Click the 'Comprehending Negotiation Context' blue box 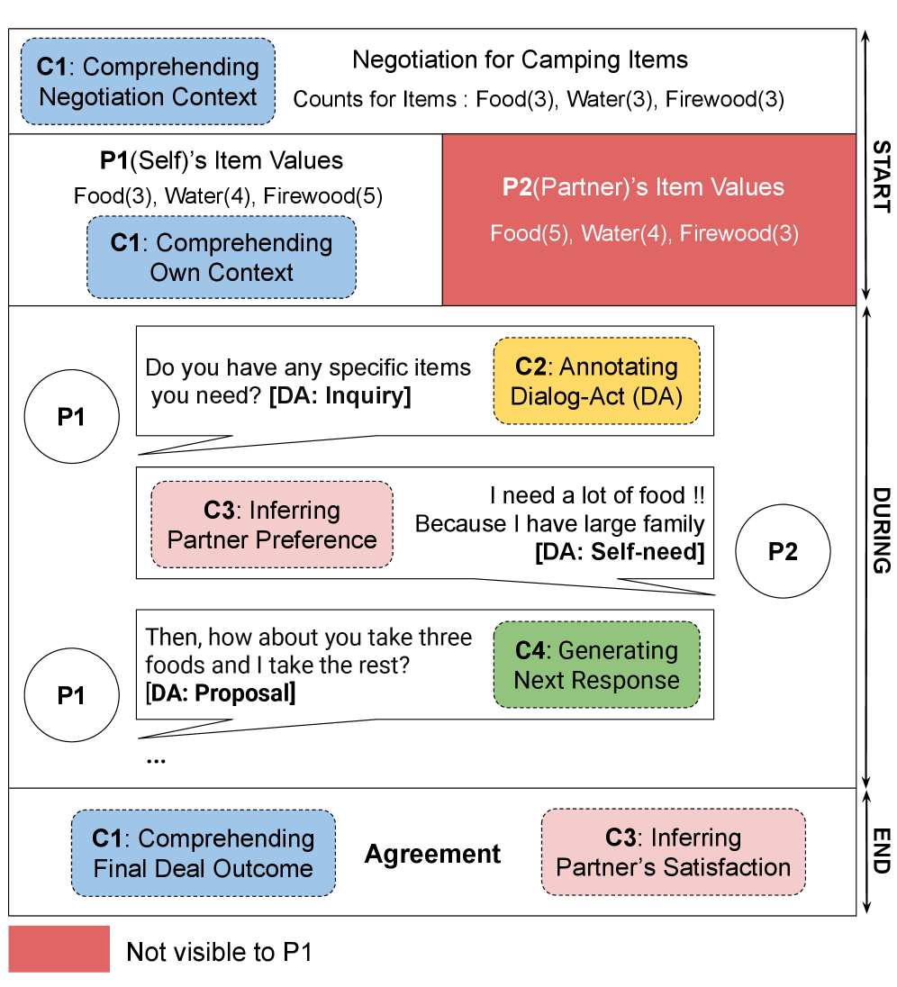148,81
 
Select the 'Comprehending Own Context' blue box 222,257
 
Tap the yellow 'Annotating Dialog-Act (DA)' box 596,381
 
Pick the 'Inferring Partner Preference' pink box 272,525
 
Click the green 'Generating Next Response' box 596,665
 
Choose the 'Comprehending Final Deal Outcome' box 203,853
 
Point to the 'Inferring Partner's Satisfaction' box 673,852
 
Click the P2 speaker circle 782,551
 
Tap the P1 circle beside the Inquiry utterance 71,418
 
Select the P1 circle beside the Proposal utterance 71,694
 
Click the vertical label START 882,177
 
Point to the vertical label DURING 882,530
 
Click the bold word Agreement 432,854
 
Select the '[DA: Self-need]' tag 620,551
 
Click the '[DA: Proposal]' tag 221,693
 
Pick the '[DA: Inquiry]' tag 340,396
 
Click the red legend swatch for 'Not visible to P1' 59,949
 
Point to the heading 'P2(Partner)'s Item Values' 643,187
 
